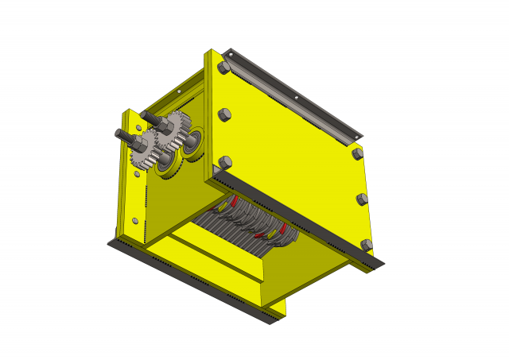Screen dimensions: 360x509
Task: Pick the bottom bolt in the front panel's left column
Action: pyautogui.click(x=225, y=163)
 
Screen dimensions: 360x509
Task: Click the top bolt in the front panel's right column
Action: pyautogui.click(x=357, y=152)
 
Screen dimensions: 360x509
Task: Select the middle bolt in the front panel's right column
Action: pyautogui.click(x=362, y=199)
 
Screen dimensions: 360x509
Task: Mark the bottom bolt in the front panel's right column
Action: pyautogui.click(x=366, y=245)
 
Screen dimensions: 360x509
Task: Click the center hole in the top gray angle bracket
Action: pyautogui.click(x=297, y=99)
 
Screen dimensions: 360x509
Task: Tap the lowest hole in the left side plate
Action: pyautogui.click(x=135, y=220)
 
